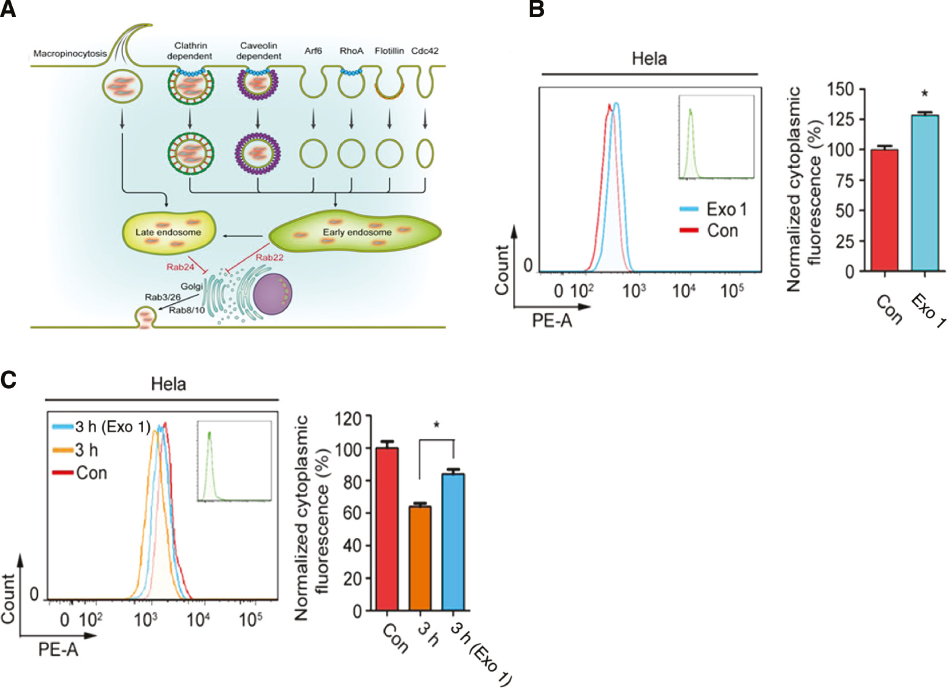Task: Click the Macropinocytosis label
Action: tap(70, 54)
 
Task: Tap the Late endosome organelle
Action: tap(169, 232)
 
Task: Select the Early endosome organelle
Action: tap(356, 232)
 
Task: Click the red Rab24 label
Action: tap(180, 267)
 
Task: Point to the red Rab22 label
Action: tap(269, 258)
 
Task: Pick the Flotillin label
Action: tap(389, 51)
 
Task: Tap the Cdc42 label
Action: tap(425, 51)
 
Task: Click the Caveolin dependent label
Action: tap(259, 50)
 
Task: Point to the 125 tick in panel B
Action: tap(840, 120)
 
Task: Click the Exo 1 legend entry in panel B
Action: tap(713, 209)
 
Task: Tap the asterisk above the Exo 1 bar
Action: tap(925, 94)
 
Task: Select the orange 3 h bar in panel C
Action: tap(420, 559)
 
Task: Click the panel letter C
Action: tap(9, 379)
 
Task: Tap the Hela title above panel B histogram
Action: tap(649, 58)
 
